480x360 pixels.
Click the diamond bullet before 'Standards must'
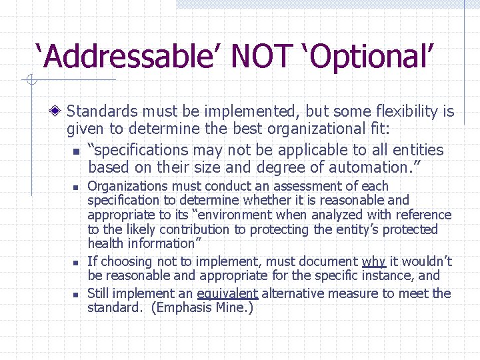(x=59, y=111)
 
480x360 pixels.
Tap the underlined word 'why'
(x=374, y=261)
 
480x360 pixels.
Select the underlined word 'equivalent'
(x=227, y=294)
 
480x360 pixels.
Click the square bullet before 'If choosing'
(x=77, y=262)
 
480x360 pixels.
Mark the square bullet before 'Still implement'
(x=77, y=294)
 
